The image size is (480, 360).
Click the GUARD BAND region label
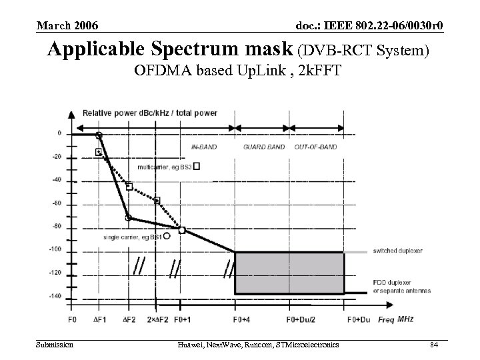263,147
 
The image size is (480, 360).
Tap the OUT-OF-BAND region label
315,147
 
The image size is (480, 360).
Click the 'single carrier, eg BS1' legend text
132,237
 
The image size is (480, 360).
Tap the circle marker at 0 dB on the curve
99,135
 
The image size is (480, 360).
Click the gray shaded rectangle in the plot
289,272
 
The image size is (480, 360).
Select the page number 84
433,344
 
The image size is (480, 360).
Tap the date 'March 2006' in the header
67,26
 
